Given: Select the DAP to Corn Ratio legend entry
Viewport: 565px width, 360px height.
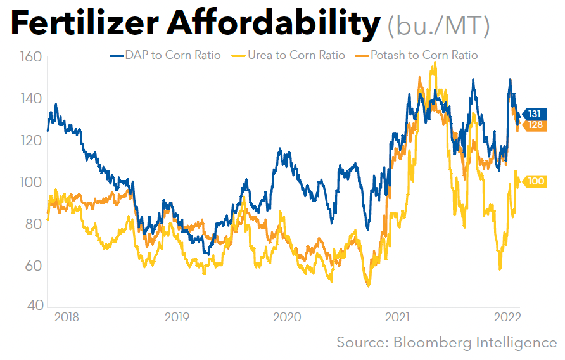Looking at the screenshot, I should (x=165, y=55).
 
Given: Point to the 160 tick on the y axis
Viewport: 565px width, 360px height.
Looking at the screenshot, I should (x=30, y=57).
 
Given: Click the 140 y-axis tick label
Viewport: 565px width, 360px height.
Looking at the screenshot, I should (x=30, y=99).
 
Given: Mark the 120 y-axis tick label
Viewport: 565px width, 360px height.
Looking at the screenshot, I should (x=30, y=141).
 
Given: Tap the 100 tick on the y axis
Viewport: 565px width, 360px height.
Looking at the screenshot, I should (x=30, y=182).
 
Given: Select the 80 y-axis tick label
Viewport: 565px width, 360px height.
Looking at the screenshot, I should (x=33, y=224).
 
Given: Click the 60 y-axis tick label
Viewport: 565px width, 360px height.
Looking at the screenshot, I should (x=33, y=265).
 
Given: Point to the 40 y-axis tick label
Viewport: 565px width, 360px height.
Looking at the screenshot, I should (x=33, y=306).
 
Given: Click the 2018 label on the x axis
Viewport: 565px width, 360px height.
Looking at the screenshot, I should (x=67, y=317).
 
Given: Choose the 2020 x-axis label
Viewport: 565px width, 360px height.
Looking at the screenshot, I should (x=287, y=317).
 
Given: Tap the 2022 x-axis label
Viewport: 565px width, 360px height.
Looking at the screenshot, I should (x=507, y=317).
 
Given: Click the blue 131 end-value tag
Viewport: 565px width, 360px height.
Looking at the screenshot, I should (x=534, y=114).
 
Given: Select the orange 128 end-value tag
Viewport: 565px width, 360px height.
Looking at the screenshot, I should (x=535, y=125).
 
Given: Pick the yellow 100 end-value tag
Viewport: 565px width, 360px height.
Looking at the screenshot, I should (x=535, y=182).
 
